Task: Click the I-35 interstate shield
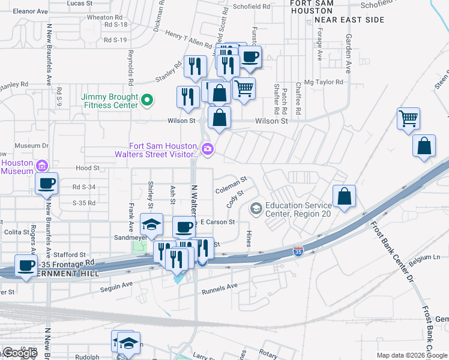[x=298, y=250]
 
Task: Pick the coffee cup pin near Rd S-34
[x=46, y=184]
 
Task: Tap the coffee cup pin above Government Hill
[x=26, y=266]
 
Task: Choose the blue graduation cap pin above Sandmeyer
[x=151, y=226]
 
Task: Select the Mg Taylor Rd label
[x=324, y=82]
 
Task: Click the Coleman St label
[x=231, y=184]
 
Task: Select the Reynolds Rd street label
[x=130, y=62]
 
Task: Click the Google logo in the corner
[x=20, y=353]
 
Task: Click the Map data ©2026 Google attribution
[x=411, y=355]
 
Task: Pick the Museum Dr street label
[x=31, y=145]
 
